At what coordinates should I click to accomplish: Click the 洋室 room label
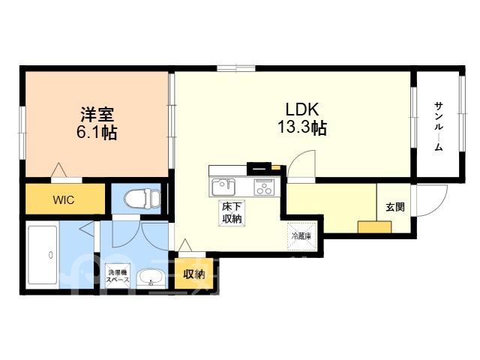click(x=97, y=114)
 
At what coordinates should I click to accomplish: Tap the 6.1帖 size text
click(x=97, y=132)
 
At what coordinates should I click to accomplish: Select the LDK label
click(x=302, y=109)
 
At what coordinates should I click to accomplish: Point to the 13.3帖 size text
click(x=301, y=127)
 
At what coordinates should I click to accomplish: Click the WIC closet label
click(x=63, y=200)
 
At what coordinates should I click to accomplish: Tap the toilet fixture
click(x=142, y=197)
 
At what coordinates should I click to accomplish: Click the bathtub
click(x=43, y=255)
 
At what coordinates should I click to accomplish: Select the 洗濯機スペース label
click(x=118, y=275)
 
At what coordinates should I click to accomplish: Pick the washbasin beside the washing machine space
click(x=151, y=278)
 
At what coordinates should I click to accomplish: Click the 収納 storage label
click(x=194, y=274)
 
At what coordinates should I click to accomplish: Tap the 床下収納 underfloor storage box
click(x=232, y=213)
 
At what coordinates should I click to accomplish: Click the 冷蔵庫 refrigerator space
click(x=301, y=236)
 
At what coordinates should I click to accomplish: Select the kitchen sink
click(x=223, y=187)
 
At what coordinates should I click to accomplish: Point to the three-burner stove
click(x=263, y=187)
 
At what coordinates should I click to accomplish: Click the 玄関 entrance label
click(x=395, y=207)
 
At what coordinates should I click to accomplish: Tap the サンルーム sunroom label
click(x=439, y=127)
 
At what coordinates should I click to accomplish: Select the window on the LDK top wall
click(x=236, y=68)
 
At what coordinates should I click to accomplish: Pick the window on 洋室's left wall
click(x=22, y=133)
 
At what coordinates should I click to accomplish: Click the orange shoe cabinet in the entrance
click(x=375, y=226)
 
